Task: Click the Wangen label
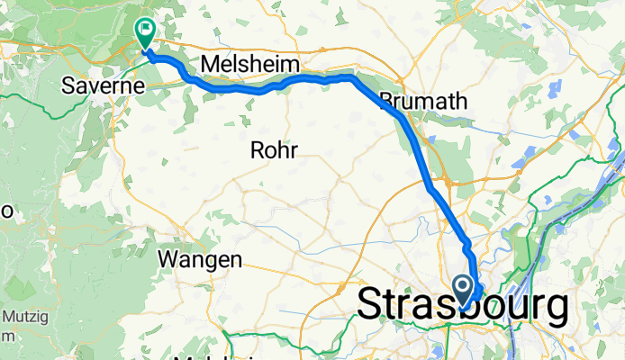[x=201, y=260]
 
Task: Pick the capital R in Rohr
[x=258, y=150]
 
